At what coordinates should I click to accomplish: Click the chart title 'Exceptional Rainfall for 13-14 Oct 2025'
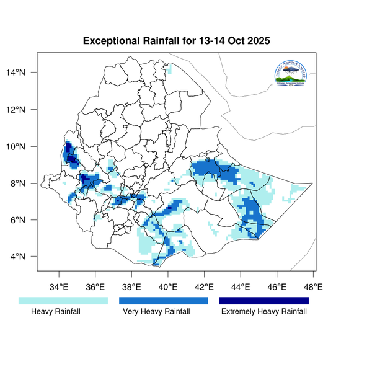coord(177,42)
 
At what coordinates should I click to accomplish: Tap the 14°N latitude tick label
coord(24,73)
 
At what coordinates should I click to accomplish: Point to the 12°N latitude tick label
coord(24,110)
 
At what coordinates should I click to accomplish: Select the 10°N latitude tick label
coord(24,147)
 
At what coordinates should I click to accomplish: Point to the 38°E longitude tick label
coord(131,288)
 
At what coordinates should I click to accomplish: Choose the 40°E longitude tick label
coord(168,288)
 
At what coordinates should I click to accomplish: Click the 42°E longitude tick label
coord(204,288)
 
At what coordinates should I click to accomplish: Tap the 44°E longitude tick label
coord(241,288)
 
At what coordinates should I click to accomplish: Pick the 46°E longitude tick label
coord(277,288)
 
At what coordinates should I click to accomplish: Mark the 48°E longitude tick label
coord(313,288)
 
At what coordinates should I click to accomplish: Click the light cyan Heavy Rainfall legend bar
coord(63,301)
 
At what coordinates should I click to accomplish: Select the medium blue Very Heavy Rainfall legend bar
coord(163,301)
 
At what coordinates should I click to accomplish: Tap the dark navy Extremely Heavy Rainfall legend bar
coord(263,301)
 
